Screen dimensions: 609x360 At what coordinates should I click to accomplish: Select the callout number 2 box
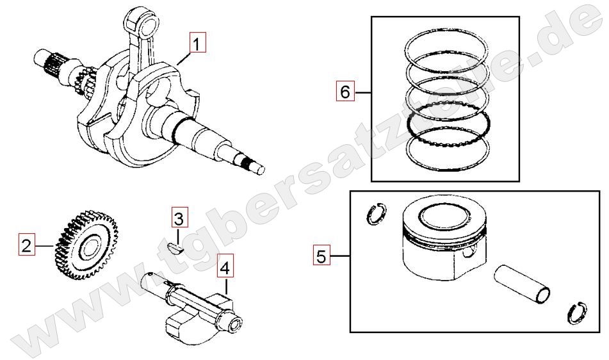(26, 245)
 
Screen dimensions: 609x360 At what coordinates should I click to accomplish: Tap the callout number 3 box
(180, 218)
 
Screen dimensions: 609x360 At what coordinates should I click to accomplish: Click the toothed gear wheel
(86, 245)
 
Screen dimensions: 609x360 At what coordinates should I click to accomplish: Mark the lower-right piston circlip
(577, 313)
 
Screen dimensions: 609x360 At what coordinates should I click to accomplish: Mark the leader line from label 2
(45, 245)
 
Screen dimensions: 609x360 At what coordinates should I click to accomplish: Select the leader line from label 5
(340, 256)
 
